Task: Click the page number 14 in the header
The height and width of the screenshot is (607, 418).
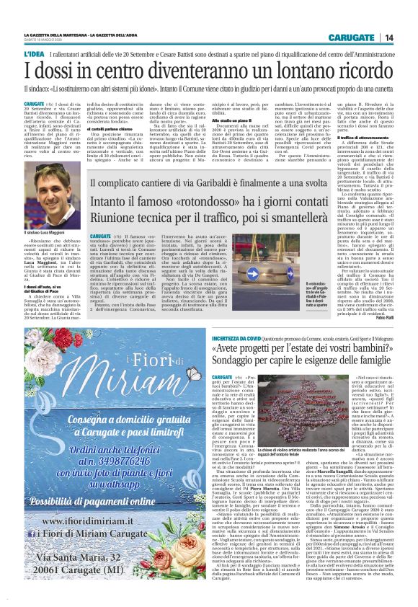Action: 408,37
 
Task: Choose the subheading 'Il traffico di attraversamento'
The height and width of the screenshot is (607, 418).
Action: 365,138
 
